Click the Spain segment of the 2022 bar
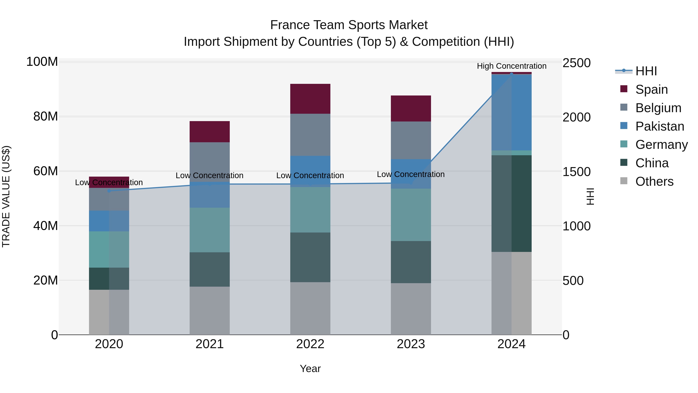pos(310,99)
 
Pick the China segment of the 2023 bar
pos(411,262)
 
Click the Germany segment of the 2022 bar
pos(310,210)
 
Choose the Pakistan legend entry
pos(660,126)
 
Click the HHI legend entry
pos(646,71)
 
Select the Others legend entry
pos(654,181)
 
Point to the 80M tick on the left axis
pos(46,116)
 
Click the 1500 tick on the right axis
pos(576,172)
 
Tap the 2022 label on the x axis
pos(310,344)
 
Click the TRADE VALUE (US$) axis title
pos(6,196)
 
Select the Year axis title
pos(310,369)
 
